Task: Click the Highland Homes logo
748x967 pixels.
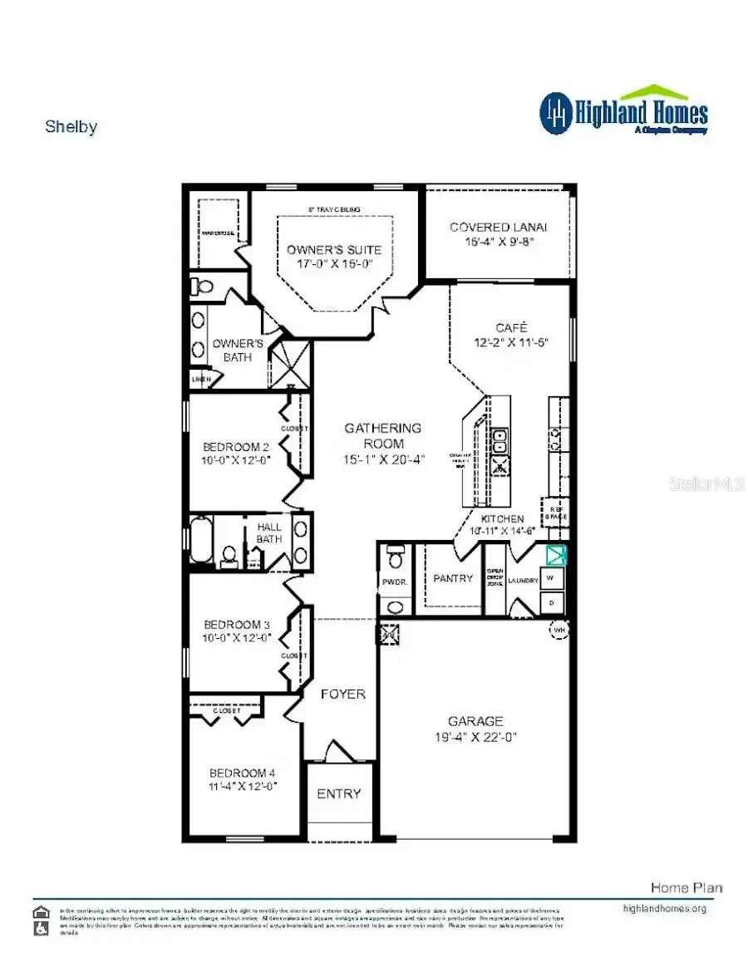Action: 624,111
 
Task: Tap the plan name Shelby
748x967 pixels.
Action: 71,127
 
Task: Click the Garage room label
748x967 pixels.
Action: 475,721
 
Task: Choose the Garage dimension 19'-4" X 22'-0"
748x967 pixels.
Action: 475,736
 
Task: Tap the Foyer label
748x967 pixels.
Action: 342,694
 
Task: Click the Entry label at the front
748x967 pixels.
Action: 339,793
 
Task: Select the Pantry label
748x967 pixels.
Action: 453,578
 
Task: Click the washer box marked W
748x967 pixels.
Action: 550,577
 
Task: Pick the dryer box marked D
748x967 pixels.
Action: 550,600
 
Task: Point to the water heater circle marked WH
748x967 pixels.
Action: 558,630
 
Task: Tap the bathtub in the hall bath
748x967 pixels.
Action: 202,540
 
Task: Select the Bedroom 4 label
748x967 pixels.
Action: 242,772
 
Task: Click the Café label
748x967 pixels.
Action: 511,327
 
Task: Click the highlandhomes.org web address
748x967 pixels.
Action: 664,908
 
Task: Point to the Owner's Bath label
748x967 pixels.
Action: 238,350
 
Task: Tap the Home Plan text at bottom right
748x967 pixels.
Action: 686,887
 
